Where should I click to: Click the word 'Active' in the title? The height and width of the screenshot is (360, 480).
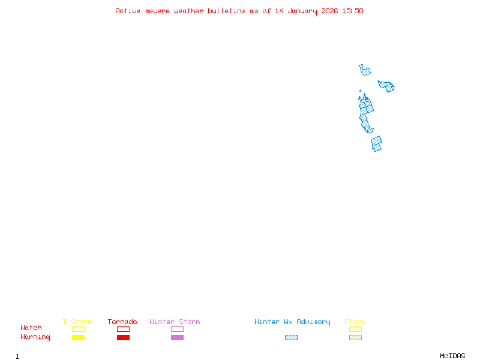pos(128,11)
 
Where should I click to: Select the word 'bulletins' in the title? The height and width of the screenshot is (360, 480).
pos(227,11)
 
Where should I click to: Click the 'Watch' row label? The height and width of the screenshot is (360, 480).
pos(31,328)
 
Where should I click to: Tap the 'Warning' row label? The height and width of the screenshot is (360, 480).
pos(35,337)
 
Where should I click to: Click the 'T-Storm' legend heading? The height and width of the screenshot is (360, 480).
pos(77,322)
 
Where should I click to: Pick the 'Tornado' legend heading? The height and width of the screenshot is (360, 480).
pos(122,322)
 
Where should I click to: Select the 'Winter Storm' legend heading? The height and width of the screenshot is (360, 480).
pos(175,322)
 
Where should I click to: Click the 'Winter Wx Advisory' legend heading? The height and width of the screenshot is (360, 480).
pos(292,322)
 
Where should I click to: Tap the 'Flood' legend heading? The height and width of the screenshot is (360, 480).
pos(355,322)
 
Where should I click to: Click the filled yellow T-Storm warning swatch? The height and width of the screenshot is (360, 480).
pos(78,338)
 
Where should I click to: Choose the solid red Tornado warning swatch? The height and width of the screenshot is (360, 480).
pos(123,338)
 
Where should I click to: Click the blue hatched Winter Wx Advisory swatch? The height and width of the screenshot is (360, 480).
pos(291,338)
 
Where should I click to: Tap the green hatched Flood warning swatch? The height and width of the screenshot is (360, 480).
pos(355,338)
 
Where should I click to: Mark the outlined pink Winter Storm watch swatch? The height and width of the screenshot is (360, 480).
pos(177,329)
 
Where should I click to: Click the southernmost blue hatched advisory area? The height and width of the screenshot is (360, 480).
pos(376,144)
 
